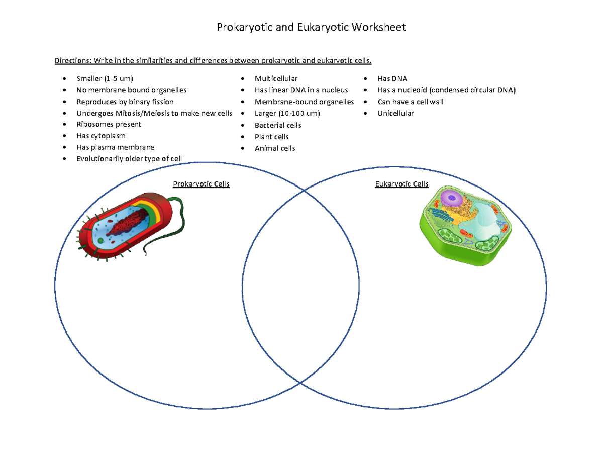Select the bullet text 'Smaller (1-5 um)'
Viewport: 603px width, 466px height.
pos(105,79)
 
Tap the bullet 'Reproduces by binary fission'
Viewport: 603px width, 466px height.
pos(125,102)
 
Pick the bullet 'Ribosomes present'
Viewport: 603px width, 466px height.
pos(109,124)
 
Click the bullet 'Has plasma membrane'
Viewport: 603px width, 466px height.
pos(115,147)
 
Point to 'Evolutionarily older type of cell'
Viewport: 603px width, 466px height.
pos(129,159)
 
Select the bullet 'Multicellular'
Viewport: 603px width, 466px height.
pos(276,79)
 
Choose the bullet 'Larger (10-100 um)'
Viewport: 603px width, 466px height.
pos(287,113)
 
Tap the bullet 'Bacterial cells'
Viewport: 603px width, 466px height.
pos(278,125)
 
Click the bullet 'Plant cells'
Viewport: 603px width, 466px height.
pos(271,137)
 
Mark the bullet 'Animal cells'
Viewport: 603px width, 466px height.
pos(275,148)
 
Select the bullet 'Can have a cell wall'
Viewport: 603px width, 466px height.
pos(411,102)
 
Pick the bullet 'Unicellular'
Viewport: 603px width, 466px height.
pos(395,113)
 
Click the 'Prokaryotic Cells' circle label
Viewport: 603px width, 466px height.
pos(201,184)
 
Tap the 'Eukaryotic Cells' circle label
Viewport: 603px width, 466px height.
pos(402,184)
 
